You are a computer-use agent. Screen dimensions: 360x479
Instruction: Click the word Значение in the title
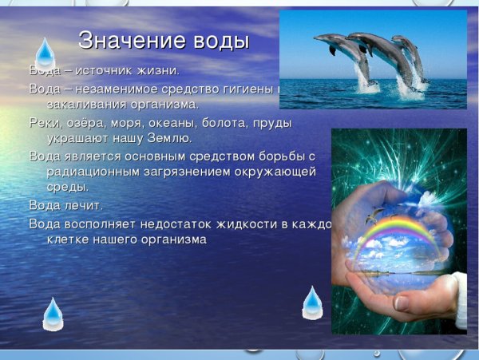(133, 41)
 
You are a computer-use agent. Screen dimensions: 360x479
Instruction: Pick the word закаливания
(88, 104)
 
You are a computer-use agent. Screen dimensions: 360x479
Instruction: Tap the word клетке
(71, 239)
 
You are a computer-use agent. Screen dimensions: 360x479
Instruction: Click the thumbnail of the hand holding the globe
(398, 231)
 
